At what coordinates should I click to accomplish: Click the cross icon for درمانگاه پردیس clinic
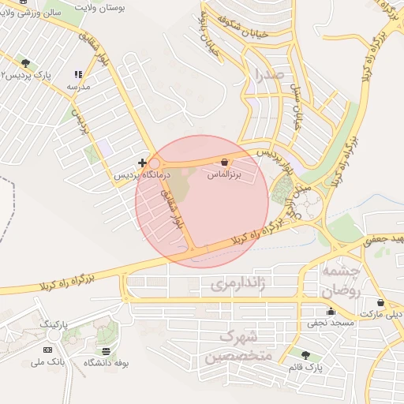(142, 162)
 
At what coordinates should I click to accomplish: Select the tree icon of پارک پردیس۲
(26, 63)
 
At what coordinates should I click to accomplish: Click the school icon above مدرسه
(77, 74)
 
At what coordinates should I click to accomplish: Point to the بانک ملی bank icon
(47, 350)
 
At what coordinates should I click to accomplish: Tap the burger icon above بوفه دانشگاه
(107, 350)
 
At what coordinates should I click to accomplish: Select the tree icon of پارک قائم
(305, 355)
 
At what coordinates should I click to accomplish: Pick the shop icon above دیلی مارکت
(381, 302)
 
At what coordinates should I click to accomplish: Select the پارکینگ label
(55, 324)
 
